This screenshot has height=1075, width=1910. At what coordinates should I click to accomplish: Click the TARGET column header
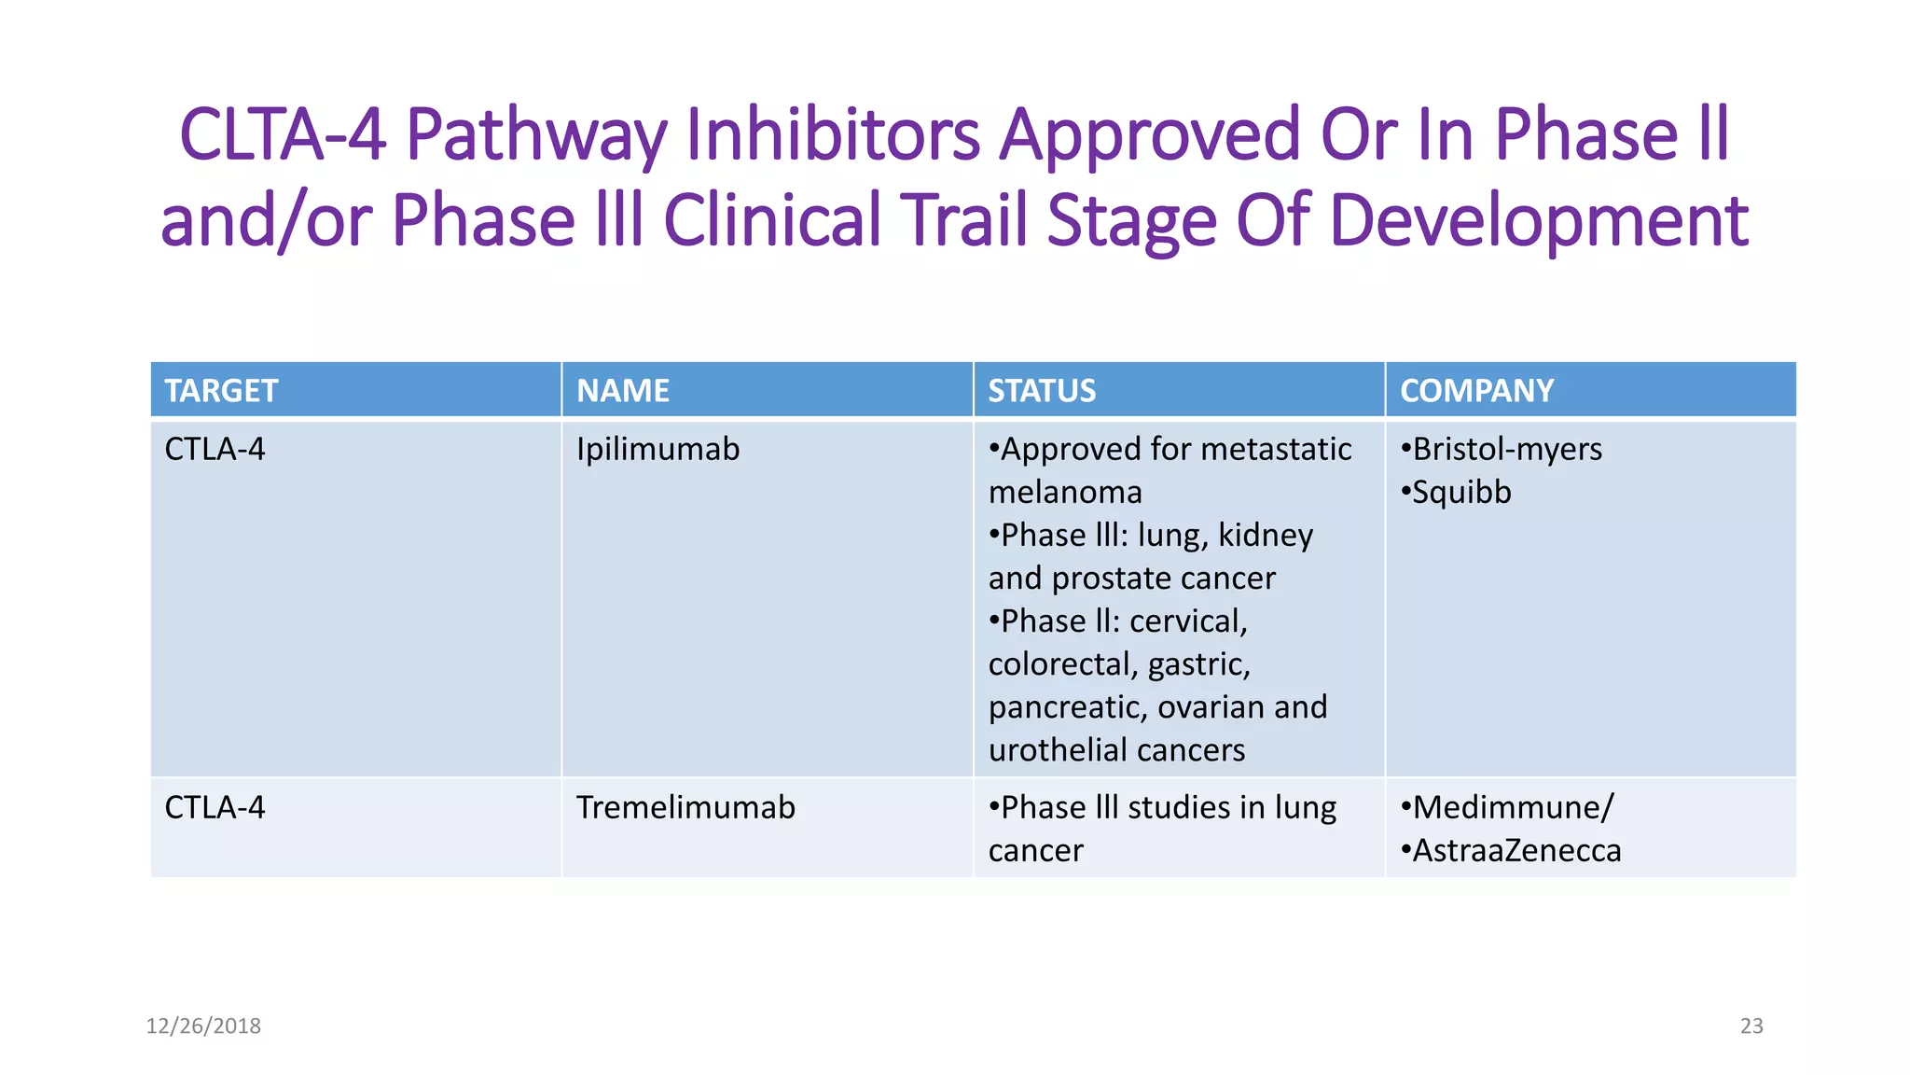[x=221, y=390]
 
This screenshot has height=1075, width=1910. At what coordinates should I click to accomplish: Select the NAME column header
[x=622, y=390]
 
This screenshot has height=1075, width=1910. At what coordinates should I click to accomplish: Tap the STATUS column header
[x=1041, y=390]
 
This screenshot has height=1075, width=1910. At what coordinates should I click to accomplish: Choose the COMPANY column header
[x=1476, y=390]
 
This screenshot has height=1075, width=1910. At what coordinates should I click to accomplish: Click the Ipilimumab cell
[x=657, y=450]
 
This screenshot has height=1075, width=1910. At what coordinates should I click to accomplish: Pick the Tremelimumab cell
[x=685, y=807]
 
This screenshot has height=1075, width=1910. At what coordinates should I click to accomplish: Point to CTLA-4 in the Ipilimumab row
[x=215, y=450]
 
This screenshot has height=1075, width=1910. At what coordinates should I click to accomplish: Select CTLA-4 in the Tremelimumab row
[x=215, y=807]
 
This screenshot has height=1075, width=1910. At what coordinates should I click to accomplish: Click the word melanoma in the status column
[x=1064, y=493]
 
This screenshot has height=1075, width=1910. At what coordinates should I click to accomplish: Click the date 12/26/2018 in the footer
[x=203, y=1026]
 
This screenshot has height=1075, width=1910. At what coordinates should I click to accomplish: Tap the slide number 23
[x=1751, y=1026]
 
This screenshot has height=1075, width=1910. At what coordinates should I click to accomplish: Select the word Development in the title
[x=1538, y=221]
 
